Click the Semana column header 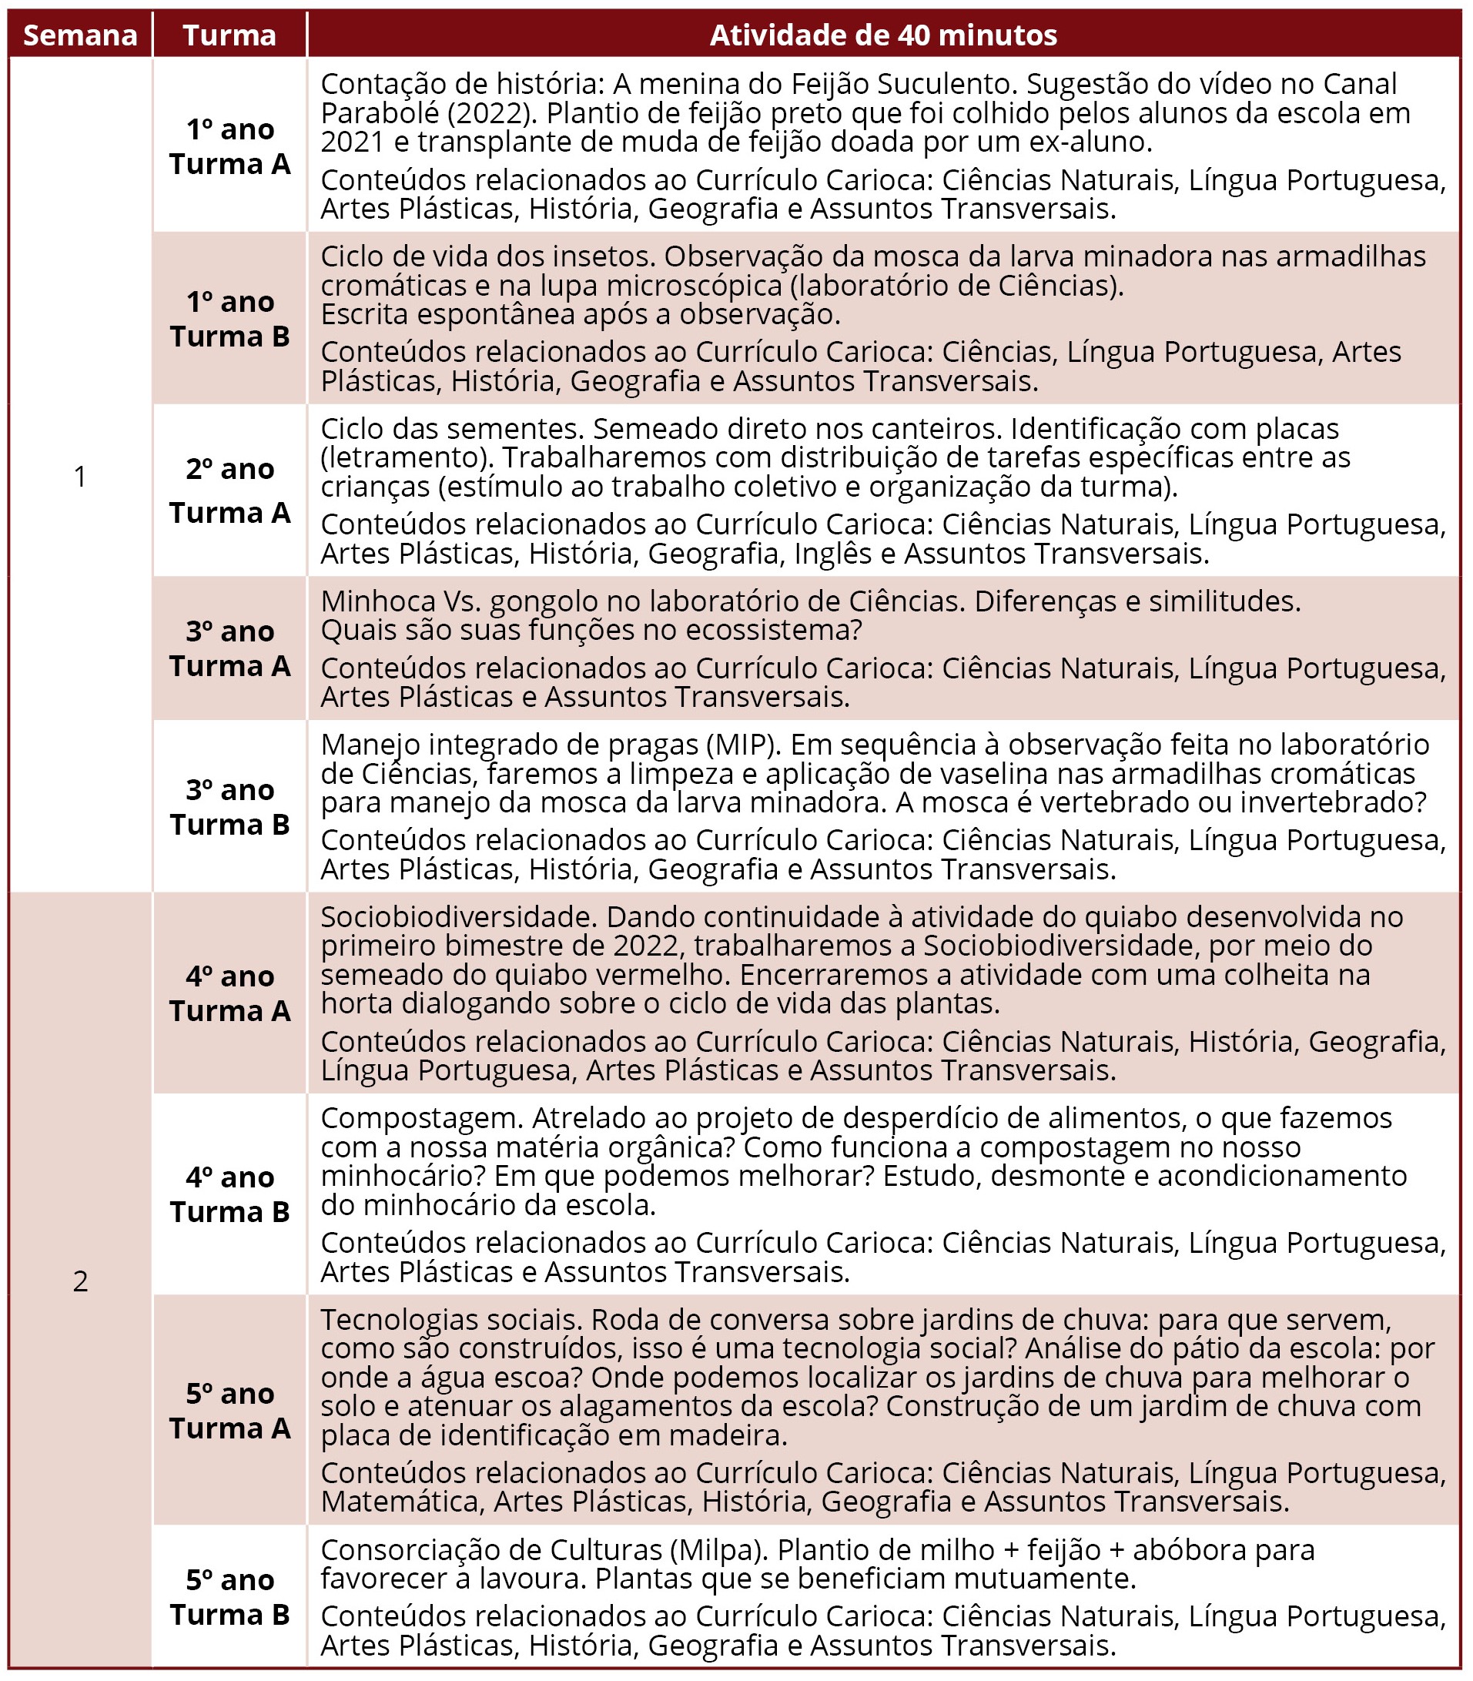[x=80, y=35]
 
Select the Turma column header [x=229, y=35]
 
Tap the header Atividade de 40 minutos [x=883, y=35]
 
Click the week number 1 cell [x=80, y=476]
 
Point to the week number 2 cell [x=80, y=1280]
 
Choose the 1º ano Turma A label [x=229, y=146]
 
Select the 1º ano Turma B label [x=229, y=319]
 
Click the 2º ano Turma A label [x=229, y=490]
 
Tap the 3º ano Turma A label [x=229, y=648]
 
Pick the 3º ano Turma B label [x=229, y=806]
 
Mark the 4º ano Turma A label [x=229, y=993]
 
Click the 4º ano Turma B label [x=229, y=1194]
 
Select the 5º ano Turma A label [x=229, y=1411]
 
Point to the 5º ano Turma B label [x=229, y=1597]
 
